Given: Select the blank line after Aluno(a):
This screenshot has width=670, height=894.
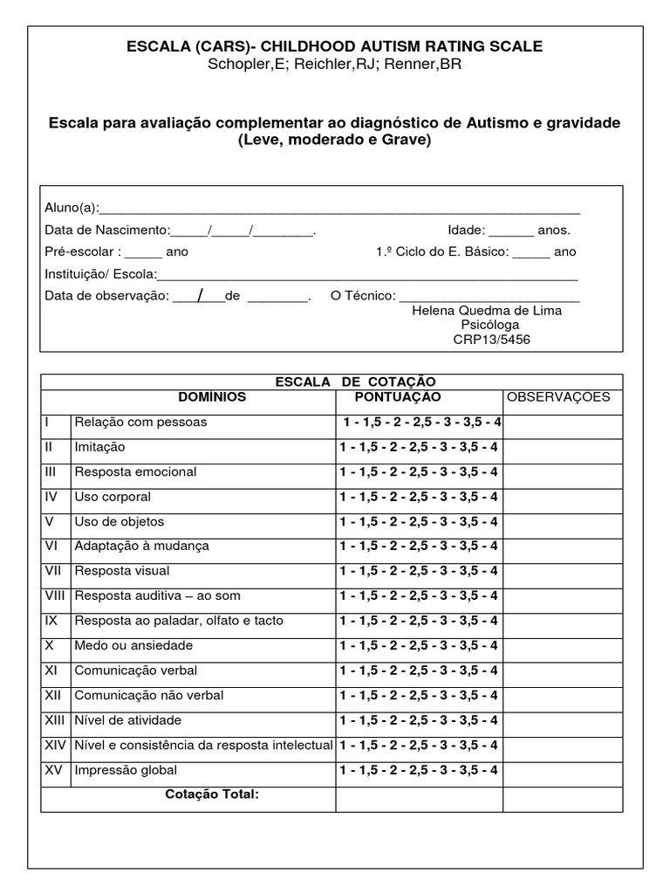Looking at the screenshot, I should [340, 210].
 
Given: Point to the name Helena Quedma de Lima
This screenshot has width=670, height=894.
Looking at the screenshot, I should [486, 311].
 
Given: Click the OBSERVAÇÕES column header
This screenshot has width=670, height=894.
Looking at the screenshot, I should [558, 397].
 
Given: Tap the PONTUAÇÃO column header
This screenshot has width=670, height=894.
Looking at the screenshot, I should [397, 397].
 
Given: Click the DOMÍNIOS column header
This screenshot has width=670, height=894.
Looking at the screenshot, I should [212, 397].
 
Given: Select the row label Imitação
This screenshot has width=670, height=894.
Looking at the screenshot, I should [99, 447].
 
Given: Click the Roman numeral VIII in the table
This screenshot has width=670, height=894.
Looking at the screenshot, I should [56, 596].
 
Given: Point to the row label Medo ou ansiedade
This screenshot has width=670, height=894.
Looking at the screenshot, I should [133, 646].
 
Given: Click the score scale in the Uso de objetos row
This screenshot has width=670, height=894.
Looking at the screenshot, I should [419, 522].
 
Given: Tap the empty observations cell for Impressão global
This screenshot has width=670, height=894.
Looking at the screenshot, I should [563, 771].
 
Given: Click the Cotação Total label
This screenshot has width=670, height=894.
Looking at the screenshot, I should [213, 794].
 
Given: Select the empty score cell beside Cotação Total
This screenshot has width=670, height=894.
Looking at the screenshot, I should [419, 798].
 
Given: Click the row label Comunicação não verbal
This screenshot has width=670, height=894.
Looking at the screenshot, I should [149, 696].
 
